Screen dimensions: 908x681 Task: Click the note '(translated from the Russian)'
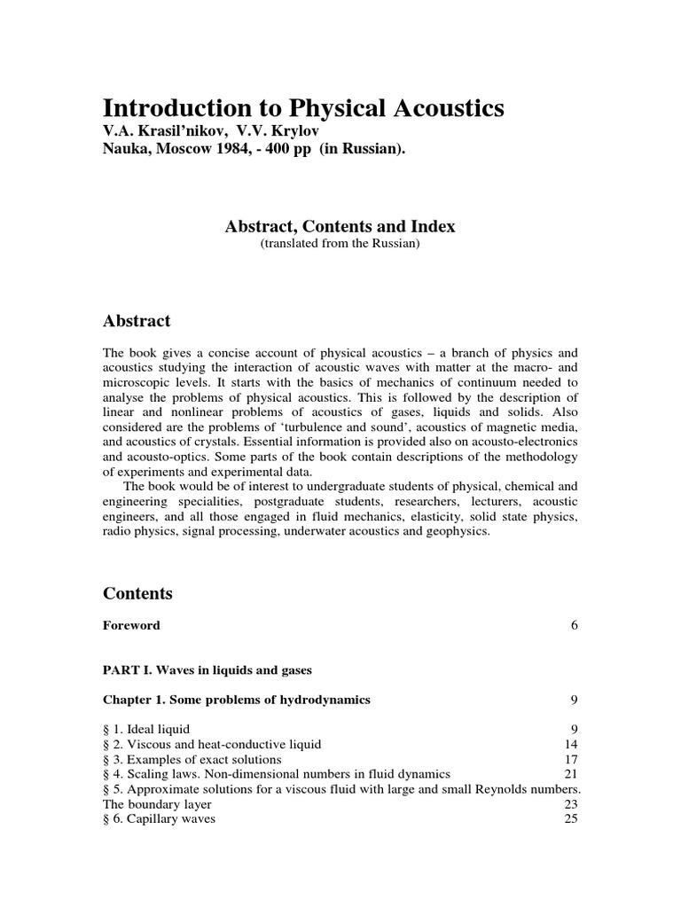tap(340, 244)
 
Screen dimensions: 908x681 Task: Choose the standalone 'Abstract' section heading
tap(137, 321)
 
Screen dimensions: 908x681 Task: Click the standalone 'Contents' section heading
tap(137, 593)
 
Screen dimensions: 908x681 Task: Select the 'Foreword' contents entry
tap(132, 625)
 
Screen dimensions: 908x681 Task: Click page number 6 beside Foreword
tap(575, 625)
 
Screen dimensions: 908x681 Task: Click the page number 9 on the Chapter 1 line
tap(575, 700)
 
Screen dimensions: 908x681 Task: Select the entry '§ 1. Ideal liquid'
tap(146, 730)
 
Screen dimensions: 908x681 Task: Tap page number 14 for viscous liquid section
tap(571, 745)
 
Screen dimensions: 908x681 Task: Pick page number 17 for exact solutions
tap(571, 760)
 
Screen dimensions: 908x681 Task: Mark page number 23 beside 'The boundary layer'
tap(571, 804)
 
